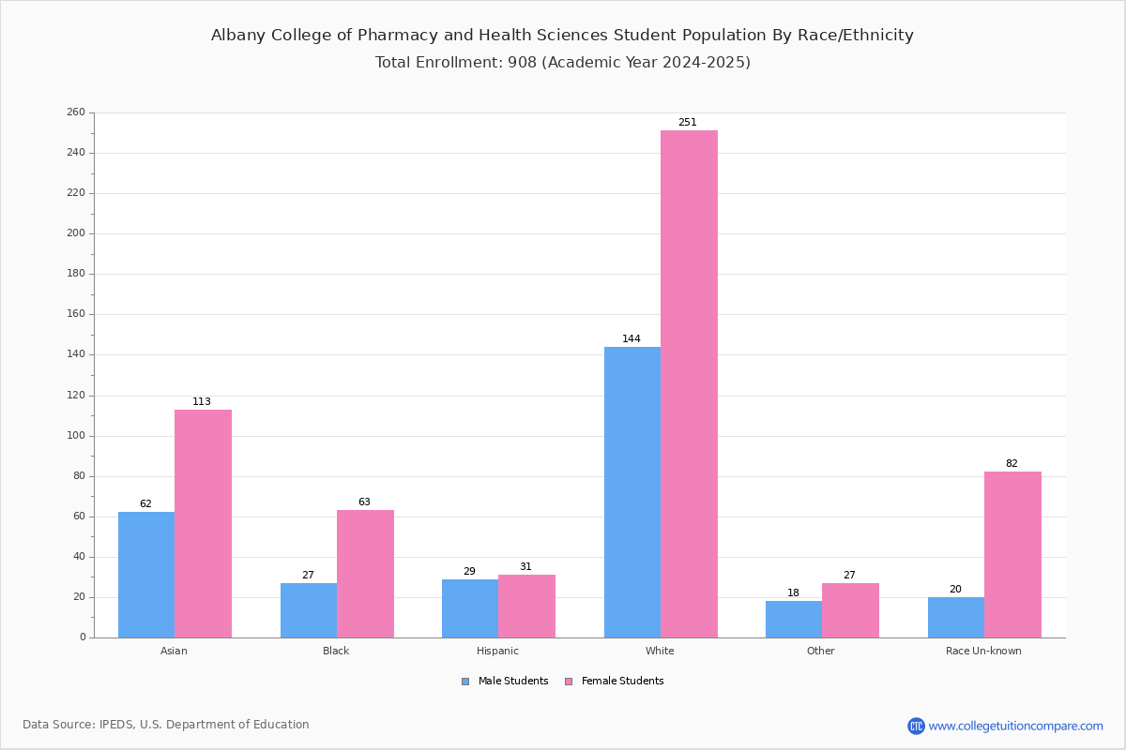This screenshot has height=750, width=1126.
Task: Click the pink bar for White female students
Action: (x=689, y=383)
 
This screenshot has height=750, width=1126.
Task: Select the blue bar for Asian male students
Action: (x=146, y=575)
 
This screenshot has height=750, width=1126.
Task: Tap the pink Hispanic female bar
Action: (x=526, y=607)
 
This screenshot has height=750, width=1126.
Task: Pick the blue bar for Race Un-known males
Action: (x=956, y=618)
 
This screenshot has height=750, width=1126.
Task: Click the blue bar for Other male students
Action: (x=794, y=620)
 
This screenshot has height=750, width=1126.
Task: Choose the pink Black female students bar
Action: (x=365, y=574)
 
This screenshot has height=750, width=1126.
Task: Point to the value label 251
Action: (x=688, y=122)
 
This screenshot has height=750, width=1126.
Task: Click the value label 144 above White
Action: (x=631, y=338)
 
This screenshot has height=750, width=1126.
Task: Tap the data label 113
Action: (x=202, y=401)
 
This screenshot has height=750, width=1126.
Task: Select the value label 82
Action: (x=1012, y=463)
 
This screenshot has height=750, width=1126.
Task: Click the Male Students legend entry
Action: (x=505, y=681)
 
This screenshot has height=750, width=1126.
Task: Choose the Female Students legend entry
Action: (x=615, y=681)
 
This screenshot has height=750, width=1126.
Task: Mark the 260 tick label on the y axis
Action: (x=76, y=112)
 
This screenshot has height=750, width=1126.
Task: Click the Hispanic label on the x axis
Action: (x=497, y=651)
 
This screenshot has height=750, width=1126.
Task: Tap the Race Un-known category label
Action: (x=983, y=651)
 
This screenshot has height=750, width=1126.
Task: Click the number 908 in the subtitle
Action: (x=523, y=62)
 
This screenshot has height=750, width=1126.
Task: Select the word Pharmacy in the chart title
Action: (x=398, y=36)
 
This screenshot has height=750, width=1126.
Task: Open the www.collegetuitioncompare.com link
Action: (x=1015, y=726)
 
